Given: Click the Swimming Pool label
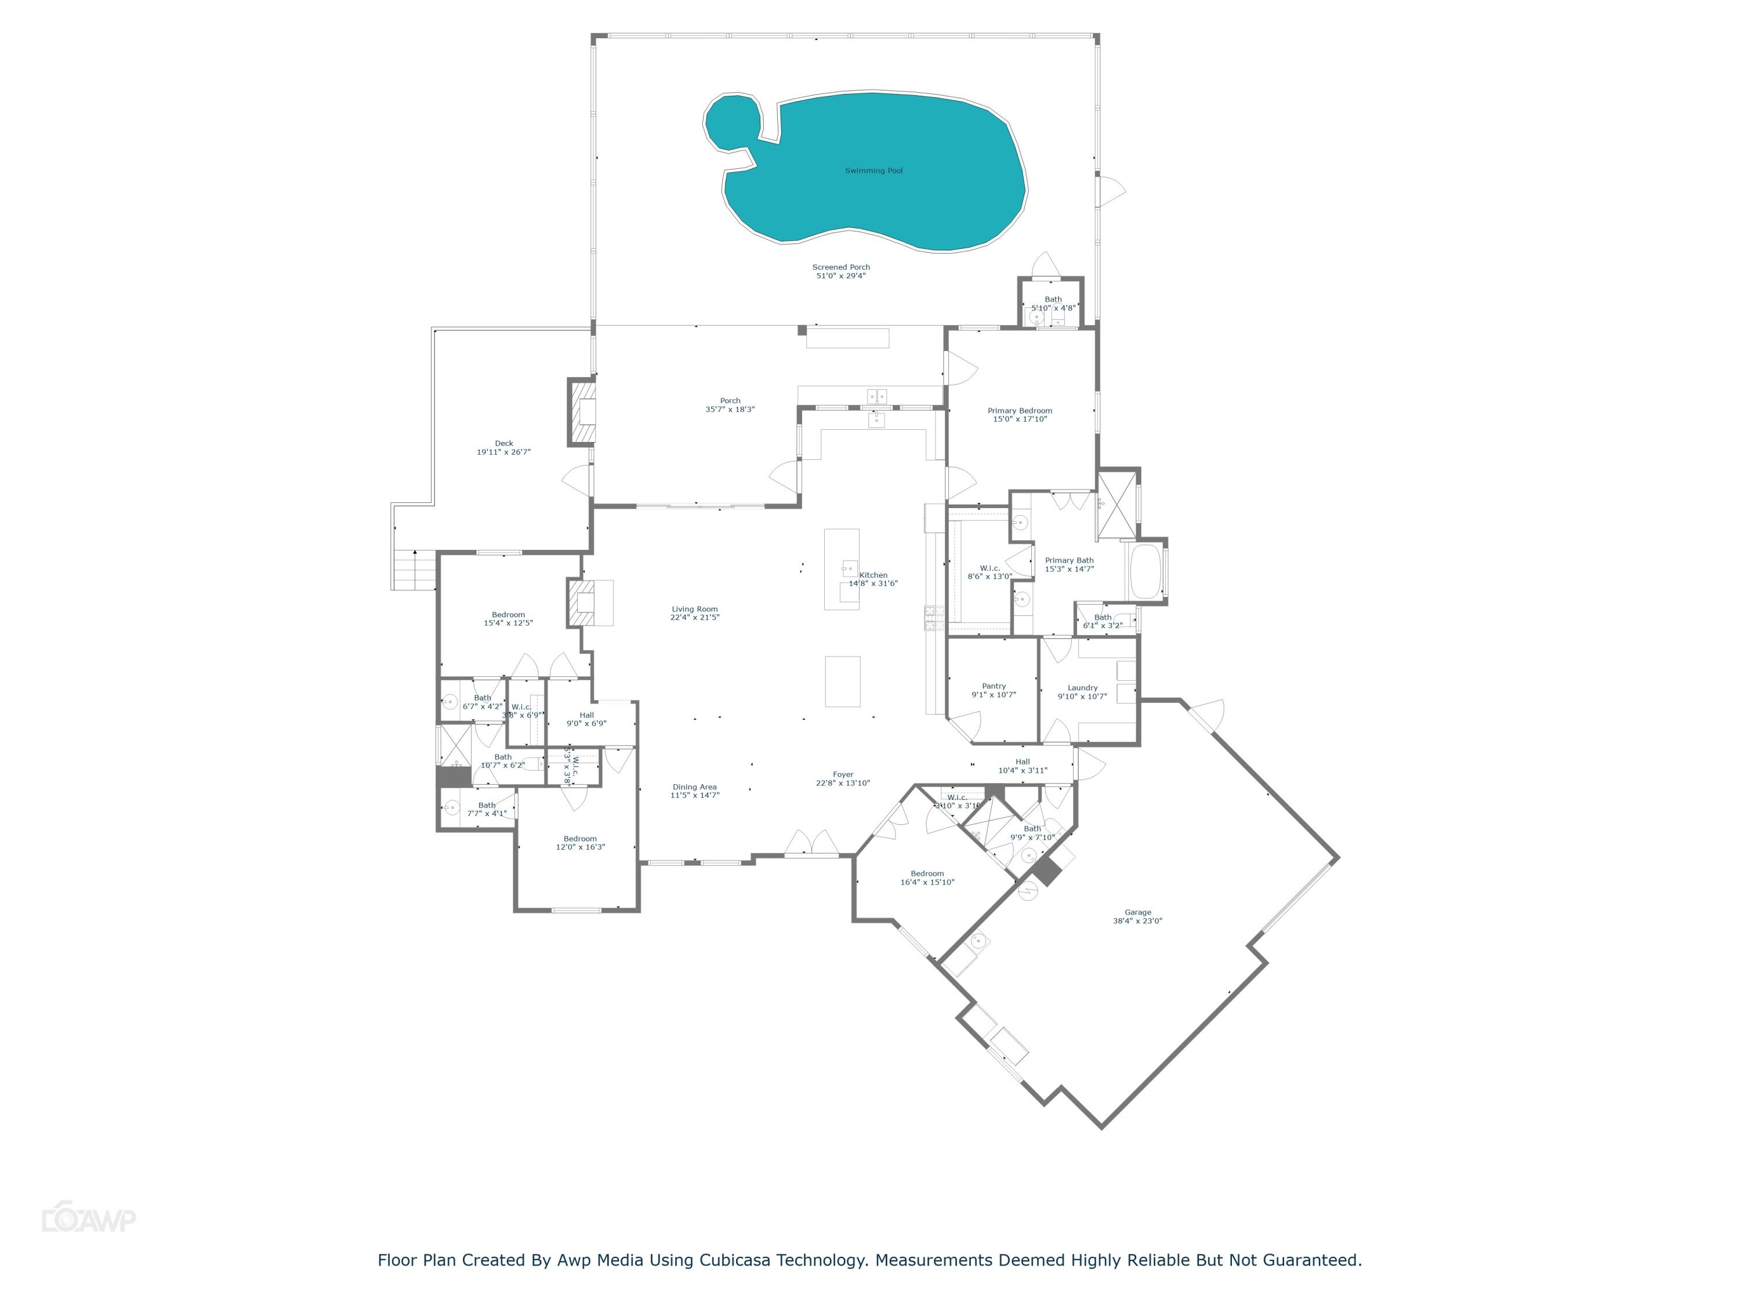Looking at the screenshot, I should (x=873, y=171).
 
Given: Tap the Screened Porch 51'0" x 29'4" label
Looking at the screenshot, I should (x=841, y=271).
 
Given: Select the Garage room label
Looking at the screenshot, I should (x=1137, y=916).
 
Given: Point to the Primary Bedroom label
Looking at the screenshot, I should (x=1020, y=415).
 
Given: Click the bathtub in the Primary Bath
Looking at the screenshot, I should (x=1145, y=571).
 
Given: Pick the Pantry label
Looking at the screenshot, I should (x=994, y=690).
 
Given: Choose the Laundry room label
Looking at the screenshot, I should (x=1082, y=691).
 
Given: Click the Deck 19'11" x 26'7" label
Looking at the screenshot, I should (x=503, y=448).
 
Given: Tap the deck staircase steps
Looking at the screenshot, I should (x=415, y=569).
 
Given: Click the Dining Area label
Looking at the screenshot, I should (x=695, y=791).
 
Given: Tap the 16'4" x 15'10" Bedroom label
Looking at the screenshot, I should (x=927, y=878).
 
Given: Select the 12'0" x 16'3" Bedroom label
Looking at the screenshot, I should (x=580, y=843).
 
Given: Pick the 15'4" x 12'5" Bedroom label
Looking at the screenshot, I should (x=508, y=618).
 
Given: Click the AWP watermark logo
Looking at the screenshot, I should (x=88, y=1219).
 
